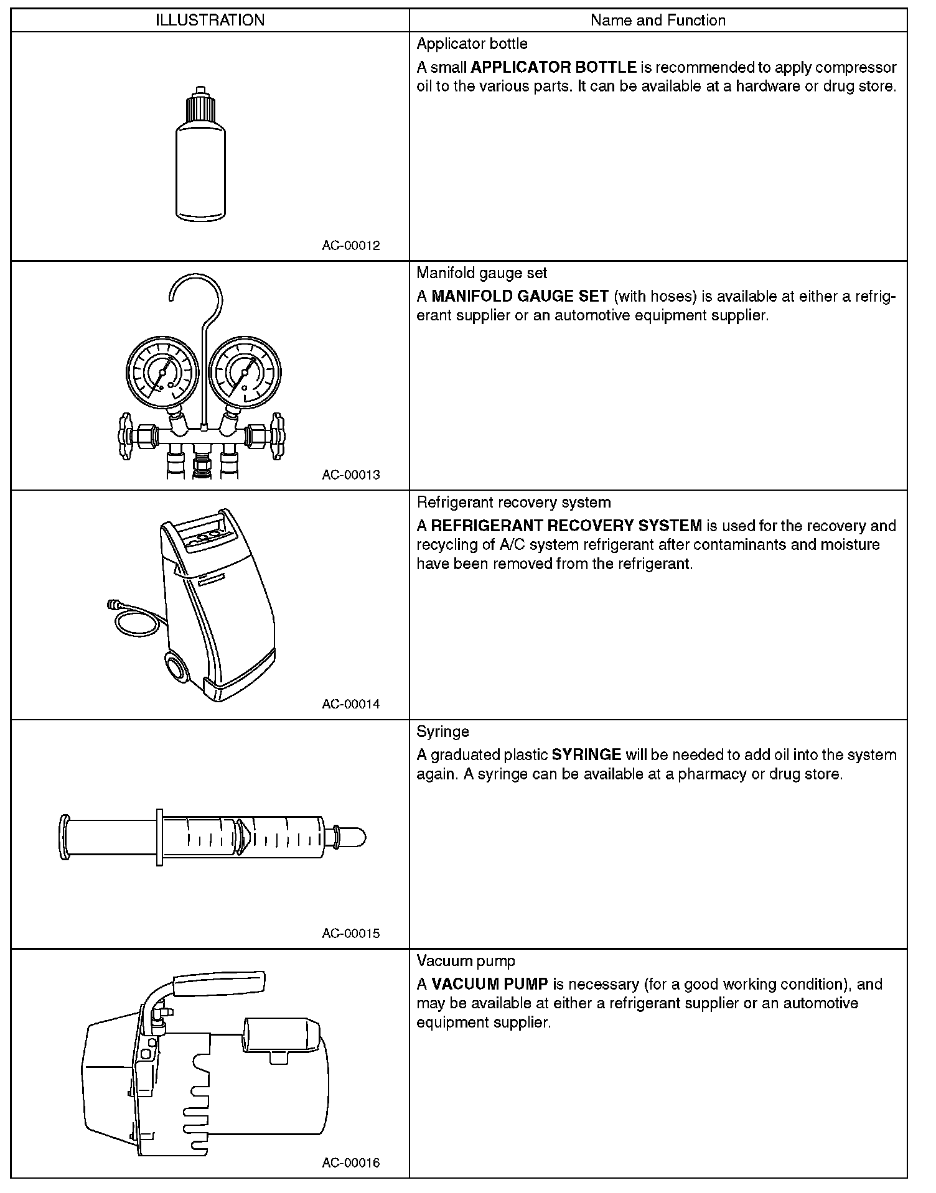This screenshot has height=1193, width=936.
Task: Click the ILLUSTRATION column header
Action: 210,21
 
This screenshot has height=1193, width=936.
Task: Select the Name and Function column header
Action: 658,21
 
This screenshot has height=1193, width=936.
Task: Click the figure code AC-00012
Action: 351,245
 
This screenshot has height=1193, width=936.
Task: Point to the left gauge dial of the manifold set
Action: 162,373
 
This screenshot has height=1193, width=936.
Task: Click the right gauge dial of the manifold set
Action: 245,373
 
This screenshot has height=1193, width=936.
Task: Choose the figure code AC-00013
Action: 351,475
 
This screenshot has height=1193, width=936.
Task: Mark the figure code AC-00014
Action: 351,704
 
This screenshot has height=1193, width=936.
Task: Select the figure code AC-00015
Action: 351,933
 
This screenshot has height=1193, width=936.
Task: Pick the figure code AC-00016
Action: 351,1163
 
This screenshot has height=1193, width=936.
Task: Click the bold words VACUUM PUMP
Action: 490,984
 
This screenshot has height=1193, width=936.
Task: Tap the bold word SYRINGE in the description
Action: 586,755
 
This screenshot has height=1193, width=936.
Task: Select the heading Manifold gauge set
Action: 482,272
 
